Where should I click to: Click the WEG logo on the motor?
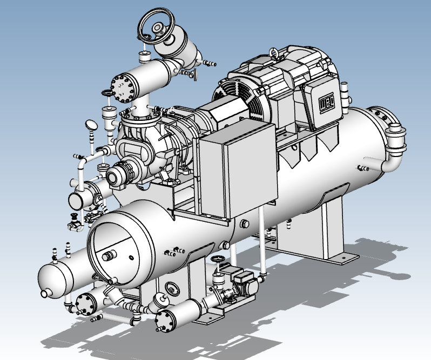[327, 103]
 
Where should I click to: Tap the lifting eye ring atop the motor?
[274, 53]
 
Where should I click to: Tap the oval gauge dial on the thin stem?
[91, 125]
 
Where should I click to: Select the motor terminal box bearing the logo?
[323, 102]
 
